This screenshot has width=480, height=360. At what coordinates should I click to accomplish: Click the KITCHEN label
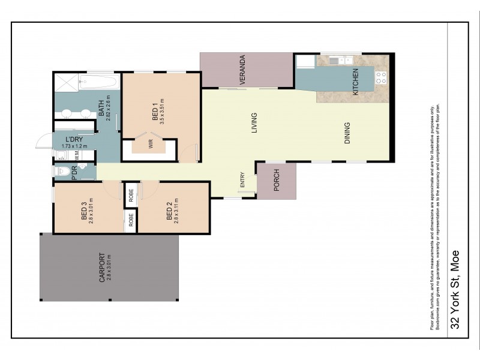tap(355, 82)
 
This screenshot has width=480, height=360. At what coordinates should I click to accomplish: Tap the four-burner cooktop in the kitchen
tap(380, 76)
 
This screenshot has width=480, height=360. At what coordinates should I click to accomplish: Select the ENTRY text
tap(242, 181)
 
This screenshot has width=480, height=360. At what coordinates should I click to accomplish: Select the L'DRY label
tap(74, 139)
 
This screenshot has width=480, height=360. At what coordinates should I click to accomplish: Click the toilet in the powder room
tap(61, 173)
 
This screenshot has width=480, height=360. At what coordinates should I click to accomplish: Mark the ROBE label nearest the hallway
tap(131, 195)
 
